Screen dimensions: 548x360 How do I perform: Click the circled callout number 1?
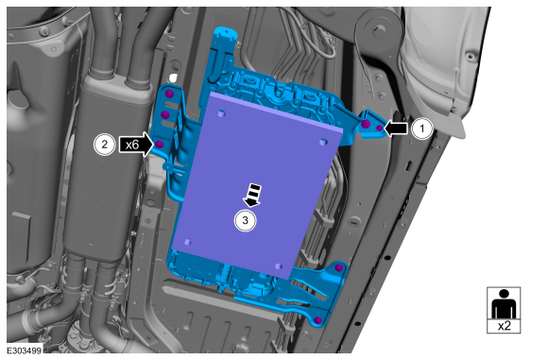coord(421,129)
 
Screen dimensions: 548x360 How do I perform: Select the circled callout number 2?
coord(105,144)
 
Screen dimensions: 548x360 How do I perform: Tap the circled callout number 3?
coord(245,220)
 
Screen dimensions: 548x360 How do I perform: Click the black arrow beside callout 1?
coord(396,129)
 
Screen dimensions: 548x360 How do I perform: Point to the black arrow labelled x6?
coord(136,144)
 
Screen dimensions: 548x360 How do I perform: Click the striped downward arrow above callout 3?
coord(252,195)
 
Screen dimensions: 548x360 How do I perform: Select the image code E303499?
coord(25,351)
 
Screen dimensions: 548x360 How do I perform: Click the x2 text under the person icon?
coord(504,326)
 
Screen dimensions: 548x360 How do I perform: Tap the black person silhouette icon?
coord(504,303)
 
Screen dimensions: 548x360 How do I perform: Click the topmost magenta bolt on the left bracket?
coord(169,94)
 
